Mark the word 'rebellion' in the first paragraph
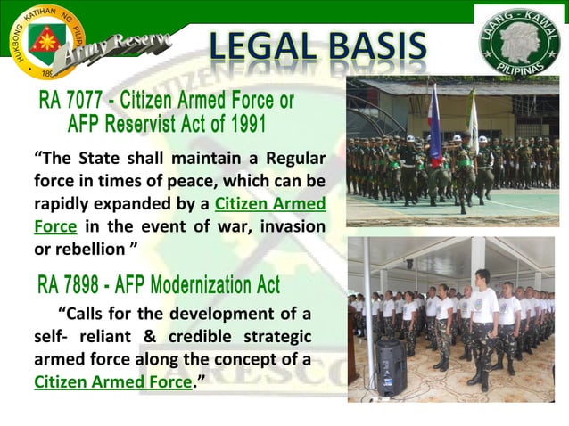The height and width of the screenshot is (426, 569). tap(88, 248)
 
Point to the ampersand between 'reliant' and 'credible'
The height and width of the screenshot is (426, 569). tap(151, 338)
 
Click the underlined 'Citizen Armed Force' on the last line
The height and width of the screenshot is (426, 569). tap(112, 382)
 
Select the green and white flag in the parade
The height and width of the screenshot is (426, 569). tap(473, 116)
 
